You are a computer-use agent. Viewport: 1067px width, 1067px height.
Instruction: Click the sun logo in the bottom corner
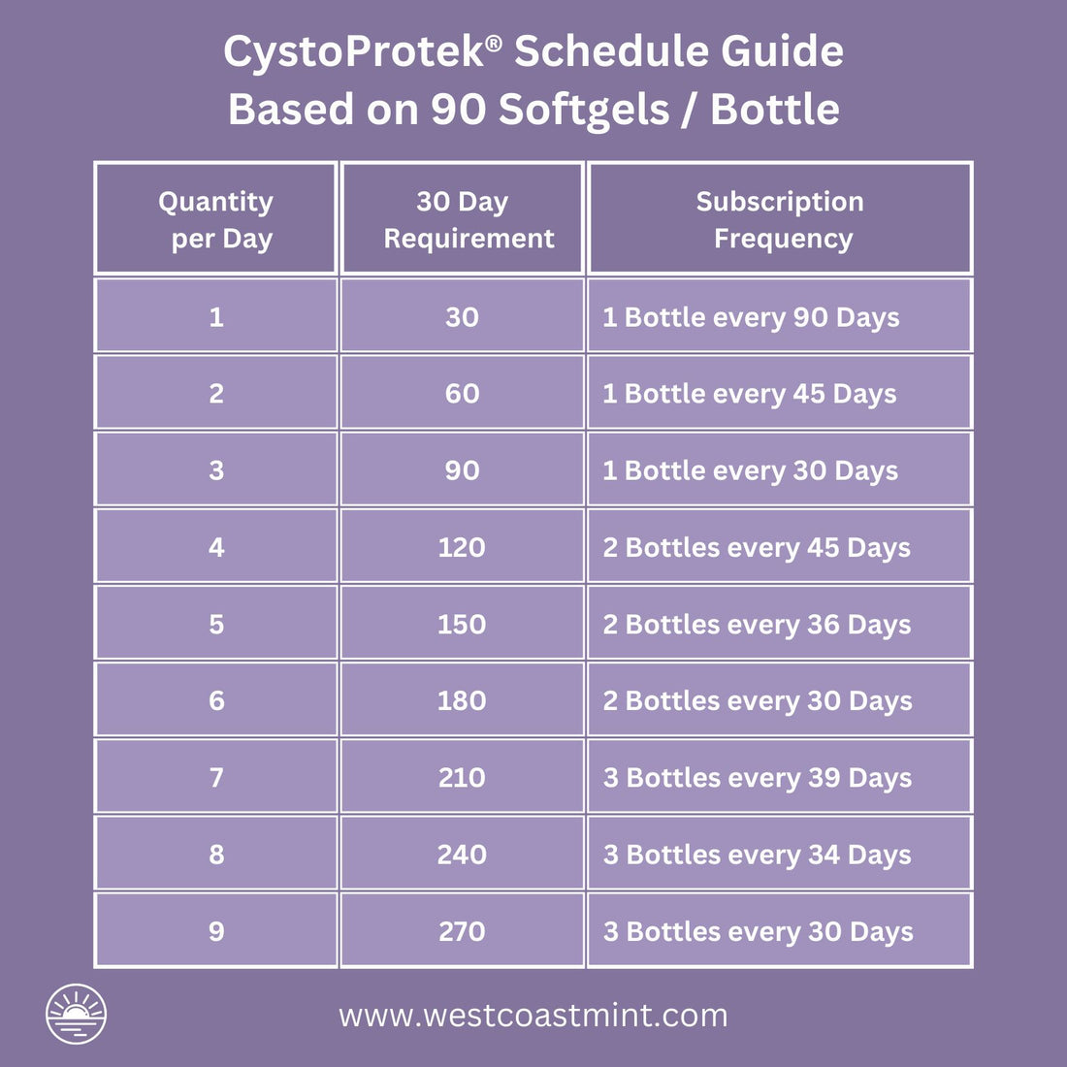coord(76,1014)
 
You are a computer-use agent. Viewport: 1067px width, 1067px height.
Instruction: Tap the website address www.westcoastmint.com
coord(533,1016)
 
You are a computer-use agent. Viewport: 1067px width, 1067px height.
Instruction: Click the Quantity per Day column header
coord(215,219)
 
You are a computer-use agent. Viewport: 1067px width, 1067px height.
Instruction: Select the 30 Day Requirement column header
coord(463,219)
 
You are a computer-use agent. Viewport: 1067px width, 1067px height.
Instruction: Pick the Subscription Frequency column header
coord(780,219)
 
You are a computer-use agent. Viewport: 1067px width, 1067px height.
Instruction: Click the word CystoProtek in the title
coord(354,51)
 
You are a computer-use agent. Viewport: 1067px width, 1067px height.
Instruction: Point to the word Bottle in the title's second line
coord(774,110)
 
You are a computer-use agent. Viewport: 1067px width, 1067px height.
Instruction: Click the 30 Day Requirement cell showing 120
coord(462,547)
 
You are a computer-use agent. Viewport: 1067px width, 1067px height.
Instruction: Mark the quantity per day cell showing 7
coord(215,777)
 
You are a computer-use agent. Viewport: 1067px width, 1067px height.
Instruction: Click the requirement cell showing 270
coord(462,931)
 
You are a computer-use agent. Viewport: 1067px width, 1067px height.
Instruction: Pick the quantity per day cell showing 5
coord(215,624)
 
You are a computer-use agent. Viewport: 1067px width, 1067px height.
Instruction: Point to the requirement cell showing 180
coord(462,700)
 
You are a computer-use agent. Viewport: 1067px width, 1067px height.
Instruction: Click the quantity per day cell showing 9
coord(215,931)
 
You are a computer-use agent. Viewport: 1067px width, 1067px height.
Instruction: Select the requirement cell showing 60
coord(462,394)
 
